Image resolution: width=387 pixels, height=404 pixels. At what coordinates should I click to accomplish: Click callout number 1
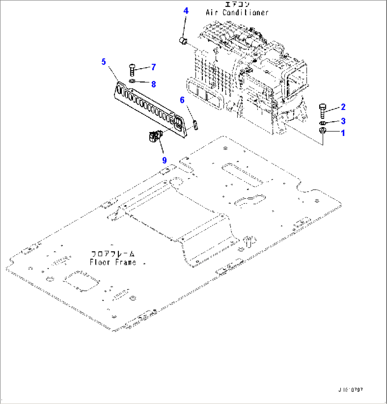point(343,133)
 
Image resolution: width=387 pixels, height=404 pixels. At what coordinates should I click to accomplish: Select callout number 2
point(343,107)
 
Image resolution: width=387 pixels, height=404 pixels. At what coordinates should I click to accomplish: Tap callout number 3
point(343,121)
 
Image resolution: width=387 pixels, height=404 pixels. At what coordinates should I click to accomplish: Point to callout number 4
point(186,11)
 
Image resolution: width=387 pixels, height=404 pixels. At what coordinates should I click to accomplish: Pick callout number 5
point(103,62)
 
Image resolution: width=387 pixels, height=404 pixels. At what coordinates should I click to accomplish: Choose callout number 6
point(182,100)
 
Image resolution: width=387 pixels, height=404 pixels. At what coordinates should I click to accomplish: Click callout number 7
point(153,67)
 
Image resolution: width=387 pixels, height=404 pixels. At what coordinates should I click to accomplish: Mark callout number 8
point(153,84)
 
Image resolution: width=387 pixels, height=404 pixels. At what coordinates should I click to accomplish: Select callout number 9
point(164,160)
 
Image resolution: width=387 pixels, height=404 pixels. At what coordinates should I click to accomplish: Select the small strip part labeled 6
point(195,125)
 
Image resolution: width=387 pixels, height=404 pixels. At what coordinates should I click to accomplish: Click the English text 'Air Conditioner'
point(237,12)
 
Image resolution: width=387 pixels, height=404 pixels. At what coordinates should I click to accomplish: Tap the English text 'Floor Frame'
point(113,262)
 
